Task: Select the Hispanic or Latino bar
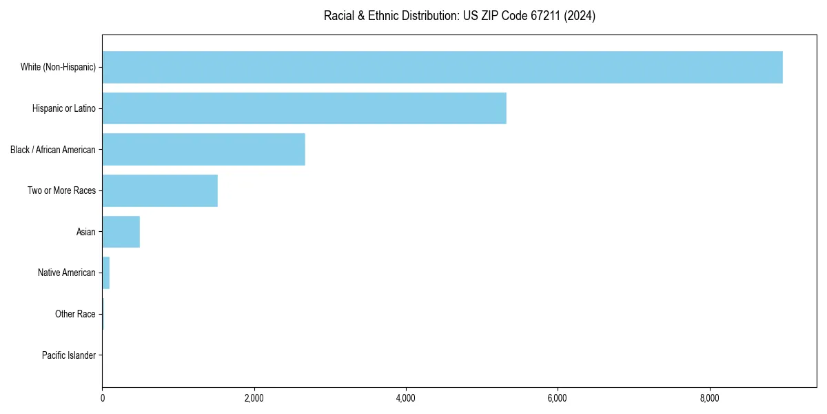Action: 304,108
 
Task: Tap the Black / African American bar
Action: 203,149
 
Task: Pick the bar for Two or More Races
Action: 160,190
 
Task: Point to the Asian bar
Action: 121,232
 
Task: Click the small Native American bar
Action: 106,273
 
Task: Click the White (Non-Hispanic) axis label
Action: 58,67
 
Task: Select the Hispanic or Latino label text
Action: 64,108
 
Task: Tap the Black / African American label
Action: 53,149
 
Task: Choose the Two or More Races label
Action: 61,190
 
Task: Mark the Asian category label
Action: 86,232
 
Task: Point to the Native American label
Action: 67,273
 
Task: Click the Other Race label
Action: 75,314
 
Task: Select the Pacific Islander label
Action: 69,355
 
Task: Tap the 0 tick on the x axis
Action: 102,398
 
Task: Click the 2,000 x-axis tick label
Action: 254,398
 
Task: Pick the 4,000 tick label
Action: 406,398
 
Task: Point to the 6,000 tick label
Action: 558,398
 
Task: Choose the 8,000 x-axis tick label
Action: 709,398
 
